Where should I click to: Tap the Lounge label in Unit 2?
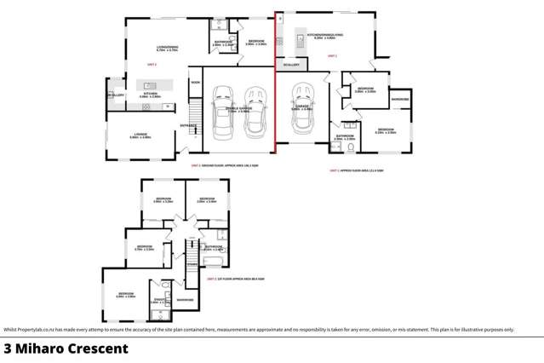pyautogui.click(x=140, y=135)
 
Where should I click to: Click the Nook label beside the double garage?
pyautogui.click(x=195, y=82)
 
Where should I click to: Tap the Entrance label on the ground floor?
pyautogui.click(x=188, y=126)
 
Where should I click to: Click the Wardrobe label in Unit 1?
pyautogui.click(x=400, y=100)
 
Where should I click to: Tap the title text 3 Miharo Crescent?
pyautogui.click(x=66, y=349)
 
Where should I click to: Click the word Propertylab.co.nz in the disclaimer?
pyautogui.click(x=41, y=330)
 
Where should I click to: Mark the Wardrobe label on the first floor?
pyautogui.click(x=185, y=300)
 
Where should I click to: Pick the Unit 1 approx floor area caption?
pyautogui.click(x=358, y=170)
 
